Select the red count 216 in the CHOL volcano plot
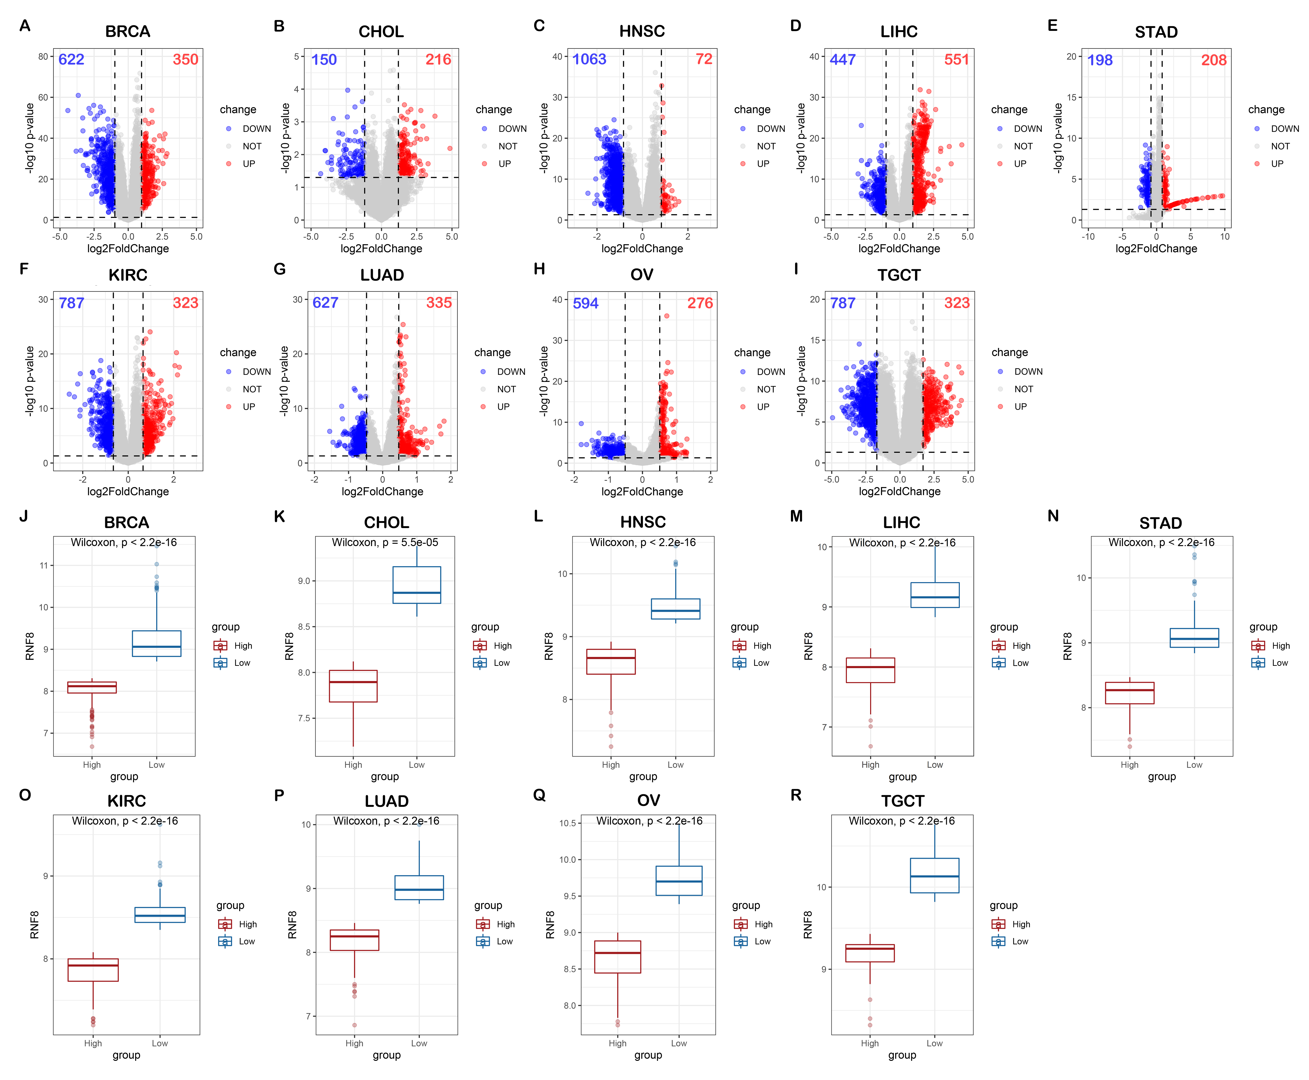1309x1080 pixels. [438, 60]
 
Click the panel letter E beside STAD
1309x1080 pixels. [1052, 26]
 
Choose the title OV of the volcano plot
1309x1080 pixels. [642, 275]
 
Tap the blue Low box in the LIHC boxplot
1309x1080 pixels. [935, 595]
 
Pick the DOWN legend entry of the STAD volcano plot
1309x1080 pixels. [1284, 129]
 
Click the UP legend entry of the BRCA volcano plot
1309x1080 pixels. [249, 164]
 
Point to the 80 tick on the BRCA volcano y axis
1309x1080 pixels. [43, 57]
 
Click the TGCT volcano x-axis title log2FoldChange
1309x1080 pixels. [899, 492]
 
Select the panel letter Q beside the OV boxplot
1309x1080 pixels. [539, 795]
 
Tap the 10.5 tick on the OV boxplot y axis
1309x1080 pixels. [567, 823]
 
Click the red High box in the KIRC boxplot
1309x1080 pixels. [93, 970]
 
